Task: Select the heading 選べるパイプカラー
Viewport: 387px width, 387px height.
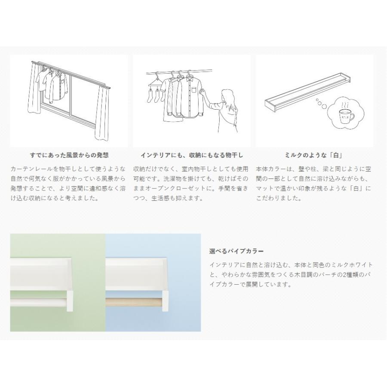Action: [x=236, y=251]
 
